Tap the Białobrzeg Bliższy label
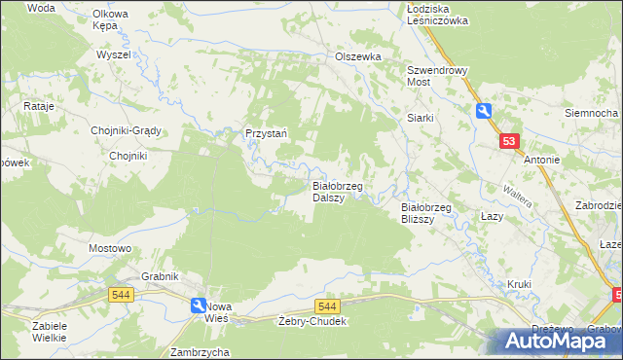click(424, 212)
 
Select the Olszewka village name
click(357, 57)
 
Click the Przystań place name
click(264, 134)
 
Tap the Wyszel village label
click(113, 54)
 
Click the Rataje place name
click(36, 105)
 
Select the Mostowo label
click(110, 248)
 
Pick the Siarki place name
click(420, 118)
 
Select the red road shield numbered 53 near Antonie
click(509, 142)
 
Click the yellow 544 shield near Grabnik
click(121, 295)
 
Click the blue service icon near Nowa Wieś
click(198, 306)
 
